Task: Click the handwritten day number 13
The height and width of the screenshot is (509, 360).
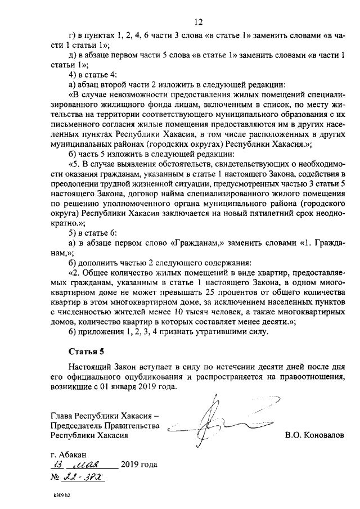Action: tap(57, 465)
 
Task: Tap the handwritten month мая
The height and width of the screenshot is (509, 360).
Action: tap(91, 465)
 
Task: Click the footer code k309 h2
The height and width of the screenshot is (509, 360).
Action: tap(58, 496)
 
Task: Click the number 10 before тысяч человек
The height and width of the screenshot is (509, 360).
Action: tap(179, 312)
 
